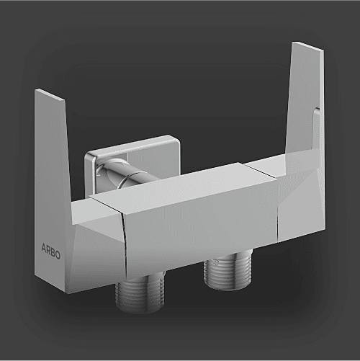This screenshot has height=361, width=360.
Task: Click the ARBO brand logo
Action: [50, 251]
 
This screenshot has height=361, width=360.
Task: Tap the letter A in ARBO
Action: [44, 247]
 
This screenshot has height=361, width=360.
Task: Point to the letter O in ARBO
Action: [58, 255]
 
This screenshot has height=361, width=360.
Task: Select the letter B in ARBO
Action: [53, 253]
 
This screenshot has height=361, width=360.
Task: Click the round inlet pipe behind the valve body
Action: [125, 173]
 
